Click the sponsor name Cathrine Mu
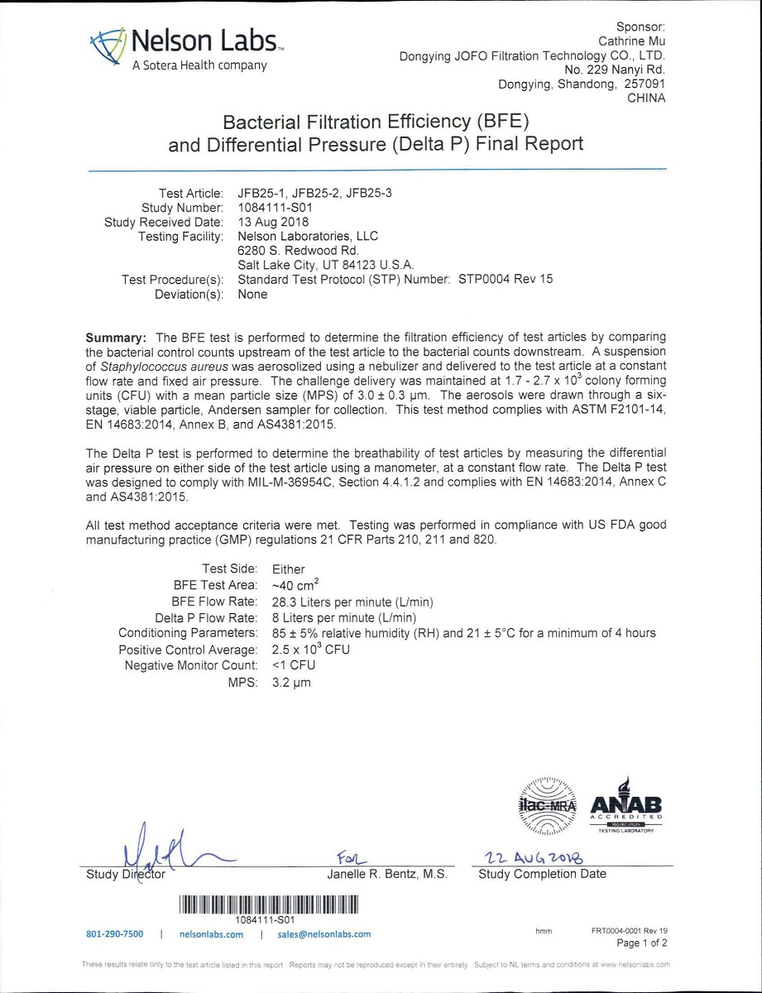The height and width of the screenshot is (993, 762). click(x=632, y=41)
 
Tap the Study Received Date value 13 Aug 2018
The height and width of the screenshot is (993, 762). click(x=273, y=222)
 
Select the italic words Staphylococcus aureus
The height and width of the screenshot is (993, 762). click(x=174, y=367)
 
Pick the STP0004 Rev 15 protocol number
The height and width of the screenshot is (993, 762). click(x=506, y=280)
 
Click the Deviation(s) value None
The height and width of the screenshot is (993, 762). click(x=252, y=295)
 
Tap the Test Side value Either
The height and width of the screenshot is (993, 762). click(x=288, y=569)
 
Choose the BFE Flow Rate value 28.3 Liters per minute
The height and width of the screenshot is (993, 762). click(x=352, y=602)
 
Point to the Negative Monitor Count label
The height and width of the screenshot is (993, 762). click(x=191, y=665)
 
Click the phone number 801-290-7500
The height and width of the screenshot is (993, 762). click(x=115, y=934)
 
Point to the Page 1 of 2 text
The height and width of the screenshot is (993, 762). click(x=642, y=943)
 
